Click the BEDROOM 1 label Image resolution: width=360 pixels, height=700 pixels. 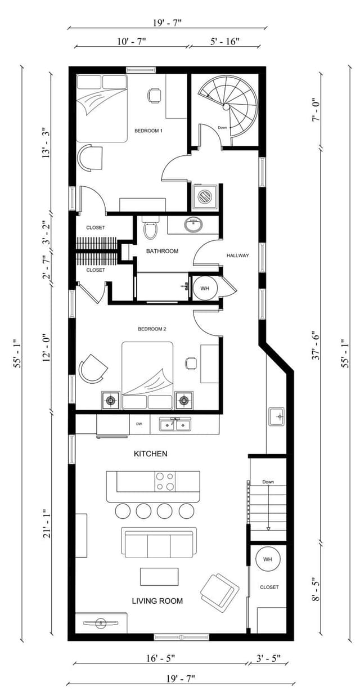coord(148,131)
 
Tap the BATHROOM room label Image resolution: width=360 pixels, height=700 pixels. coord(162,251)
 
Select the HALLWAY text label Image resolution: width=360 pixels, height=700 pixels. coord(238,255)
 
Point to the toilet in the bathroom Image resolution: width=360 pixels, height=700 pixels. coord(150,228)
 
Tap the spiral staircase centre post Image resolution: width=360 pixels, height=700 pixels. coord(226,107)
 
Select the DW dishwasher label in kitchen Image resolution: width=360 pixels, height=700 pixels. coord(139,424)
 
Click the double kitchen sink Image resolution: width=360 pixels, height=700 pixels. coord(175,424)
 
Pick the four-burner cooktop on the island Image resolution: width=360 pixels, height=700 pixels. coord(165,481)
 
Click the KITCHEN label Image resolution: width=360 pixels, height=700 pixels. coord(151,454)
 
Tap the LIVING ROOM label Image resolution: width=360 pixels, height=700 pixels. coord(157,601)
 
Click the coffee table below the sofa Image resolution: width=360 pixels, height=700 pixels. coord(159,577)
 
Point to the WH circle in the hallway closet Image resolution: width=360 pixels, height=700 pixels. coord(205,289)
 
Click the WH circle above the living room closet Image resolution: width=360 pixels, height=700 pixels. coord(268,559)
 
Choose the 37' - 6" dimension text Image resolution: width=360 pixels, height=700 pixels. coord(316,345)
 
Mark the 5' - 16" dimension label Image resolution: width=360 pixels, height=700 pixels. coord(224,41)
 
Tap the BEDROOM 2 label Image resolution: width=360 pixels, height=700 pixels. coord(152,329)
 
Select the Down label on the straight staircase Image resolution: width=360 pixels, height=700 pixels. coord(268,482)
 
